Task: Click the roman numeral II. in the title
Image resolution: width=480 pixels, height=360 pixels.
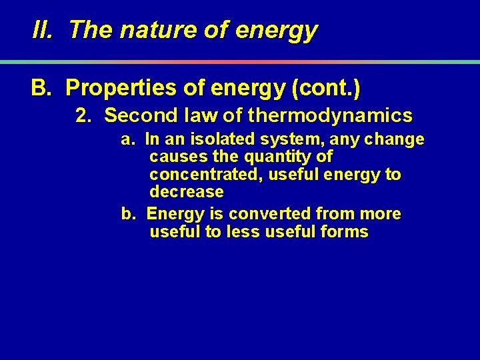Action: [x=43, y=30]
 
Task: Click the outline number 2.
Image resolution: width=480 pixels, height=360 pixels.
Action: [x=83, y=116]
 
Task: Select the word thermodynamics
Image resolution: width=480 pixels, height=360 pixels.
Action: [x=330, y=116]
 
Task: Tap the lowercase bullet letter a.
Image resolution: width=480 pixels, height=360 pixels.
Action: [x=127, y=140]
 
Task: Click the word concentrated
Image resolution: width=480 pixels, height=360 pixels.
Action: [x=199, y=175]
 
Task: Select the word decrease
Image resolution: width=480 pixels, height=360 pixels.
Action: [x=187, y=192]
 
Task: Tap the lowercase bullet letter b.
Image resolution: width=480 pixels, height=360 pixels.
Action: [x=127, y=214]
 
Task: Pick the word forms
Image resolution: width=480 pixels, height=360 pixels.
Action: [x=345, y=231]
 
